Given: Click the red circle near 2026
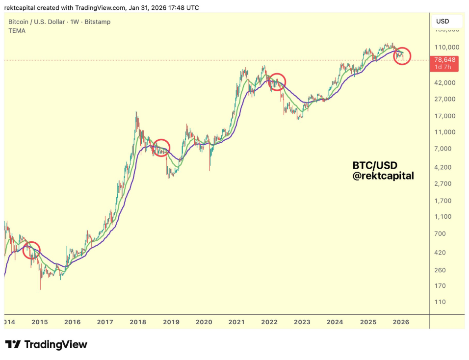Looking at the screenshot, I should pyautogui.click(x=402, y=56).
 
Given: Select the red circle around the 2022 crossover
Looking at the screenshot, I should pyautogui.click(x=277, y=81).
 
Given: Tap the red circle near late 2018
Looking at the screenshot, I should pyautogui.click(x=161, y=147).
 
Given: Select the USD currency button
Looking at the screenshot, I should pyautogui.click(x=443, y=21).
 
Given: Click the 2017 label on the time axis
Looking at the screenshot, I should pyautogui.click(x=105, y=322).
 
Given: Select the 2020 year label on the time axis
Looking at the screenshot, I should pyautogui.click(x=204, y=322).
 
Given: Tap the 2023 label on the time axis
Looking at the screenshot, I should pyautogui.click(x=302, y=322).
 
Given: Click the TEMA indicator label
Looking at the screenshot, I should pyautogui.click(x=17, y=30).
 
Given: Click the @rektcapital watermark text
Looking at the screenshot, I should pyautogui.click(x=383, y=176).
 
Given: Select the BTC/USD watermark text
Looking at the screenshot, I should pyautogui.click(x=374, y=164).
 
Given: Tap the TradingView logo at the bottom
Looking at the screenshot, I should pyautogui.click(x=46, y=344).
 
